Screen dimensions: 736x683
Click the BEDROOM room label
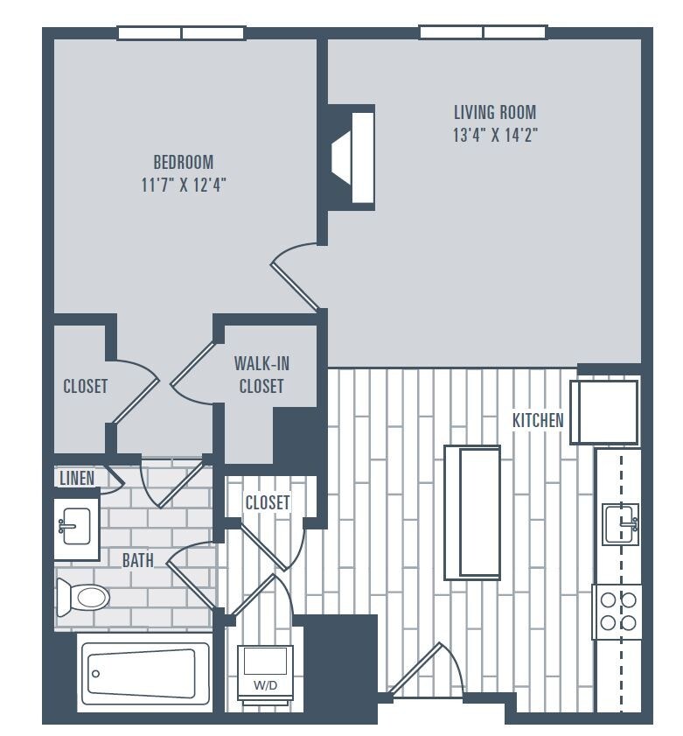click(x=183, y=162)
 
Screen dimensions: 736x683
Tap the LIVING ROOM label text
click(x=494, y=112)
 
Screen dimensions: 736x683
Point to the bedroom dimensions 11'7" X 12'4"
click(x=183, y=186)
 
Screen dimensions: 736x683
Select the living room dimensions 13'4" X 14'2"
click(x=494, y=136)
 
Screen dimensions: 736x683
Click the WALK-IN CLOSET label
click(x=261, y=374)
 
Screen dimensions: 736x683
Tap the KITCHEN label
click(x=538, y=421)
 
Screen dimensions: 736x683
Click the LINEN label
click(x=76, y=479)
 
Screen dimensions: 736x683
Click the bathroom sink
click(x=77, y=528)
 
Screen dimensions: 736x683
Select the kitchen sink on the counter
click(x=620, y=524)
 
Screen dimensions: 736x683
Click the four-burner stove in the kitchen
click(x=617, y=612)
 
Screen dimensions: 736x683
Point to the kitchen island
click(x=472, y=512)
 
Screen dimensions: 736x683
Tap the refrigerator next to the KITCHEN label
click(x=604, y=411)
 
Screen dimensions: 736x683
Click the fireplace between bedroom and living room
click(x=353, y=158)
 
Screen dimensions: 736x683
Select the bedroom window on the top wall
click(x=182, y=33)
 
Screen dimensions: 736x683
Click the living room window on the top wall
click(x=483, y=32)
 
